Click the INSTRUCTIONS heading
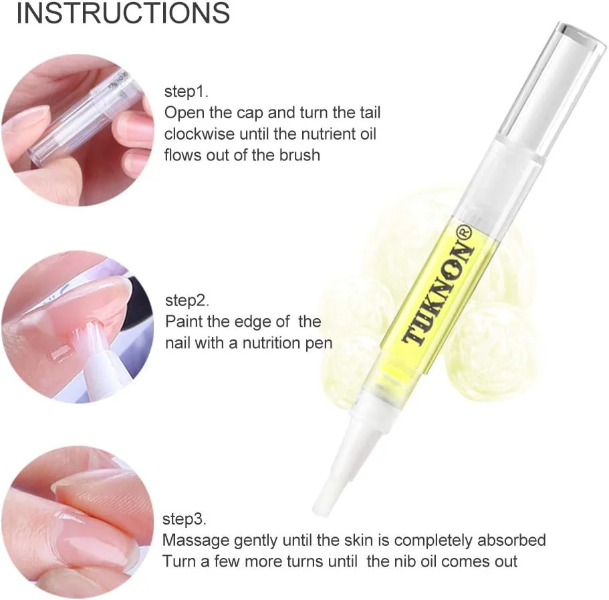click(x=123, y=13)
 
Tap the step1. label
click(x=187, y=92)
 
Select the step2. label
click(x=187, y=301)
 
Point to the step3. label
click(x=184, y=519)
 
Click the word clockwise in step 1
click(x=199, y=134)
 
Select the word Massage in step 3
click(x=195, y=541)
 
